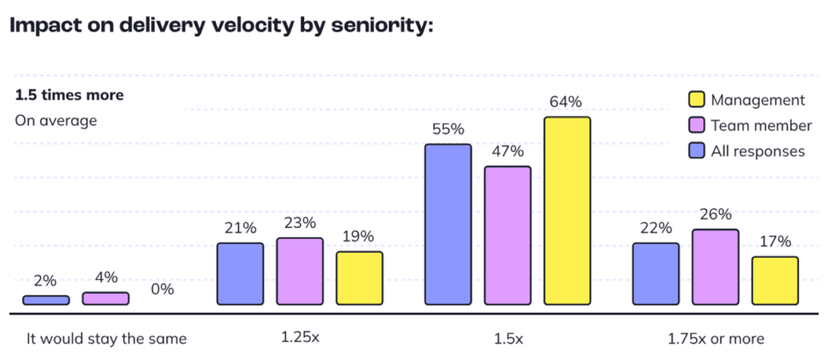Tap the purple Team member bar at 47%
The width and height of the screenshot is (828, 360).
507,236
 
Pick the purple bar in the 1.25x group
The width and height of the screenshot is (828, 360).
299,271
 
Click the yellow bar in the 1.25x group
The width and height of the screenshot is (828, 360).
359,278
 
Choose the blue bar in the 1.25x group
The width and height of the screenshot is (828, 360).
240,273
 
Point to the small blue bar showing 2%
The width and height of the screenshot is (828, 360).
46,300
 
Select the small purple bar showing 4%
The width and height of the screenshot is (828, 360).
105,299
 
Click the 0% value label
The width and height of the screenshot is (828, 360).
163,290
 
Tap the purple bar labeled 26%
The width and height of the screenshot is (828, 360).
716,267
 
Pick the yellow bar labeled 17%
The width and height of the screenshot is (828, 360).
775,281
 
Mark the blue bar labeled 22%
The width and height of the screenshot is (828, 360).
656,273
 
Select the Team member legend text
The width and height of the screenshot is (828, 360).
761,125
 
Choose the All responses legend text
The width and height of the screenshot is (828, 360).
758,150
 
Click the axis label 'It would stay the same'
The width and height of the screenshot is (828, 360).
106,338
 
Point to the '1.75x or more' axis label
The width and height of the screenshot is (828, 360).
715,338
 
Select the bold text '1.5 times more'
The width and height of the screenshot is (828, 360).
70,95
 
